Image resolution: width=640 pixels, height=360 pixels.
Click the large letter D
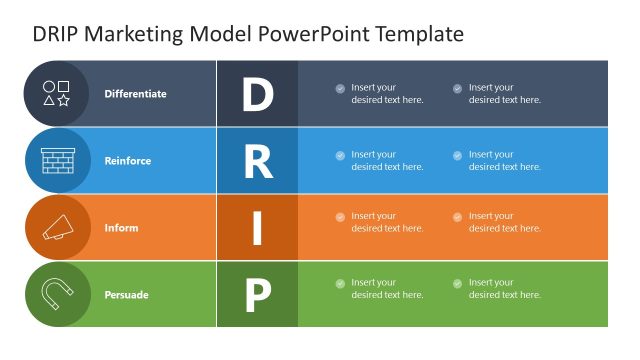point(257,94)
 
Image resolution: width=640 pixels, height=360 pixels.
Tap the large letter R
point(257,161)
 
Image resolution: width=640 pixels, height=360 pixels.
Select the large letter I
point(257,228)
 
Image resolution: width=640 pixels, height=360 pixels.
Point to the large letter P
point(257,295)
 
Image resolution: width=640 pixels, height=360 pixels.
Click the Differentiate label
point(135,94)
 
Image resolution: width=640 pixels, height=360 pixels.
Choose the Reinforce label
point(127,161)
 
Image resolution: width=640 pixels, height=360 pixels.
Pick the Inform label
point(121,228)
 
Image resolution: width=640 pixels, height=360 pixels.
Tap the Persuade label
point(126,295)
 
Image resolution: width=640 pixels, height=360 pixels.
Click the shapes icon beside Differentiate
point(57,94)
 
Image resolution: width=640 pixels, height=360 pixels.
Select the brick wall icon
point(57,161)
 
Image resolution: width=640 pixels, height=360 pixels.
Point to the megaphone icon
point(57,228)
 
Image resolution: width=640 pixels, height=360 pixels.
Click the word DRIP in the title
point(56,34)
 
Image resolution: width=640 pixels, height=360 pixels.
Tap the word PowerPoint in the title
point(313,34)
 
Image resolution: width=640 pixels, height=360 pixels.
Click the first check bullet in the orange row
point(340,217)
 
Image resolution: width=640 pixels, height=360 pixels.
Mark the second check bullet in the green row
point(457,284)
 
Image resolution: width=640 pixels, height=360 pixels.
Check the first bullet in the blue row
point(340,155)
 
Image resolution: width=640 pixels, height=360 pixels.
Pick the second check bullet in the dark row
point(457,88)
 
